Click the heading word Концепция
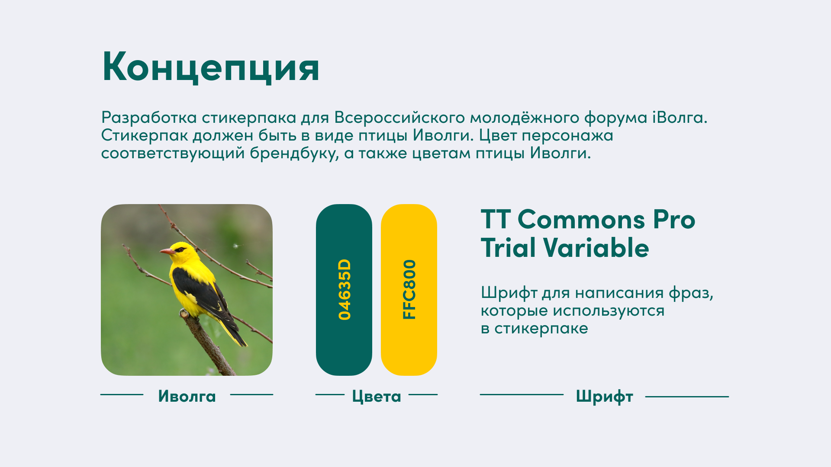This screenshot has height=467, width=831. click(x=211, y=67)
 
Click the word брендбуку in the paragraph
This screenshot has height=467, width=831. click(x=294, y=153)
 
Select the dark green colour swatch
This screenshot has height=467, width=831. click(x=344, y=290)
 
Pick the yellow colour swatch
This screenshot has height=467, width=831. click(x=409, y=290)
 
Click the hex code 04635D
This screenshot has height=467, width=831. click(x=345, y=290)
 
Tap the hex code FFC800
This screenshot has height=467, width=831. click(x=409, y=290)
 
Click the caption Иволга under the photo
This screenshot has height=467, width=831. click(x=187, y=396)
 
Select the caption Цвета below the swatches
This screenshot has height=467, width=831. click(x=377, y=397)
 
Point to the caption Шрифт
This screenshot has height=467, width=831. click(x=605, y=397)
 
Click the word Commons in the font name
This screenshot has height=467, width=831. click(x=581, y=220)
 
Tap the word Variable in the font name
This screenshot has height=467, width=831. click(x=596, y=248)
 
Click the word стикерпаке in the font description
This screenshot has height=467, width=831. click(x=541, y=329)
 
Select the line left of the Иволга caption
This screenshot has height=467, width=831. click(x=122, y=394)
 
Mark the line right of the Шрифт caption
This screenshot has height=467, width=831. click(x=687, y=396)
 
